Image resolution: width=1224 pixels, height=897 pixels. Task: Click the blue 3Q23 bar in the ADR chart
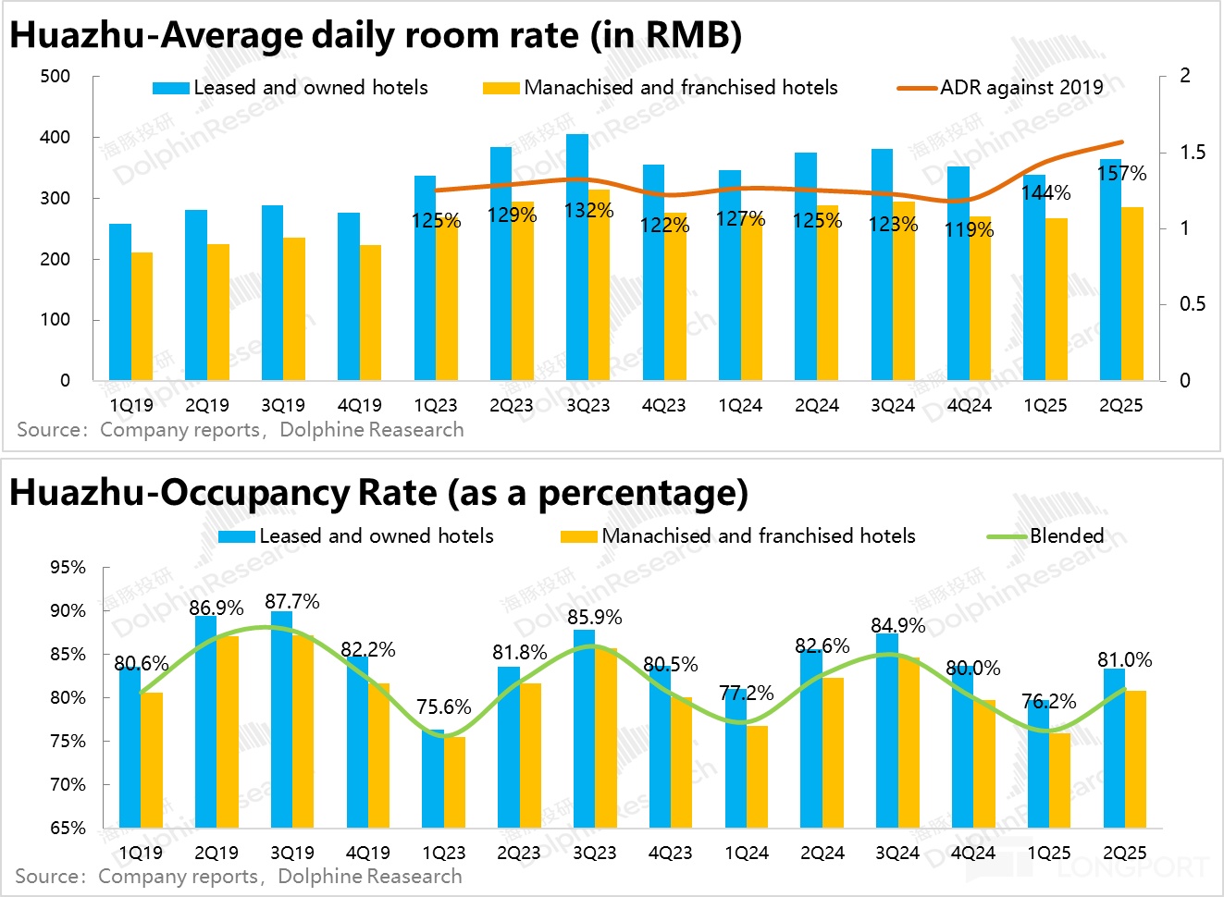click(577, 259)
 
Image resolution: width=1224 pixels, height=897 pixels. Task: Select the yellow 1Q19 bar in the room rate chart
click(142, 316)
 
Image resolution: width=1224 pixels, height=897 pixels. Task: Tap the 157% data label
click(1121, 173)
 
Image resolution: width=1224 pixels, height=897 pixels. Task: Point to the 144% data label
click(1045, 192)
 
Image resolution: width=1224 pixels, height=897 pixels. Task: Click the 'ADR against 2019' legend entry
click(1020, 88)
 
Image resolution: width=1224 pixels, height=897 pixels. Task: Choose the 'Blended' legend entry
click(1066, 535)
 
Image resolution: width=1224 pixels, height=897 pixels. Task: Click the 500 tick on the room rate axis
click(56, 76)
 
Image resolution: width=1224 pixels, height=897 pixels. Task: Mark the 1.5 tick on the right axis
click(1193, 152)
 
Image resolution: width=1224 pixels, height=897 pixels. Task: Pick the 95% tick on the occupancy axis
click(68, 567)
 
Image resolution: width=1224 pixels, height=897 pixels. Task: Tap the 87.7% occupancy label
click(291, 602)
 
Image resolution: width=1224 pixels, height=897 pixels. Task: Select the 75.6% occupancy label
click(443, 707)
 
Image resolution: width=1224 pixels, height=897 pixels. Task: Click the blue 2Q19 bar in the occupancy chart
click(205, 721)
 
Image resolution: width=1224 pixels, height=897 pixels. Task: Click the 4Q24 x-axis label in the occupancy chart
click(972, 853)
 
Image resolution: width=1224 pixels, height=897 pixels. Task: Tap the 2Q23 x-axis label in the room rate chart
click(512, 405)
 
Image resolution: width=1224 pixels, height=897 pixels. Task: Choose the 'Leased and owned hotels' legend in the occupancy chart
click(376, 535)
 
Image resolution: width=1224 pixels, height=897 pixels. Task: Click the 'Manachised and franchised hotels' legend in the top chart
click(680, 88)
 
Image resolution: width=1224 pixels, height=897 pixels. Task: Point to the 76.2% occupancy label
click(1048, 702)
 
